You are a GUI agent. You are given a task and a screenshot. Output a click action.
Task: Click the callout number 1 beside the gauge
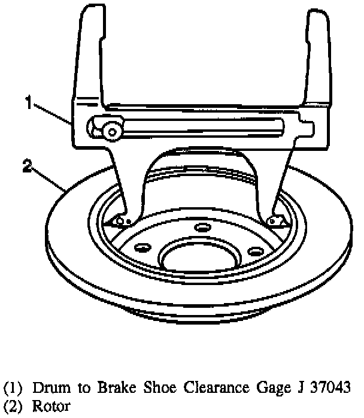[28, 102]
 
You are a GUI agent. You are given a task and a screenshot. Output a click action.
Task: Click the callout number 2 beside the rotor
[27, 166]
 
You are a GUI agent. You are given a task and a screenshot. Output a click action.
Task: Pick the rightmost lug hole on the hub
[256, 250]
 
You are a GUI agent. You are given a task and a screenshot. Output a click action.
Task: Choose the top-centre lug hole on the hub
[202, 227]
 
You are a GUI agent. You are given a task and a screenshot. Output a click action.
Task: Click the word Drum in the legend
[45, 387]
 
